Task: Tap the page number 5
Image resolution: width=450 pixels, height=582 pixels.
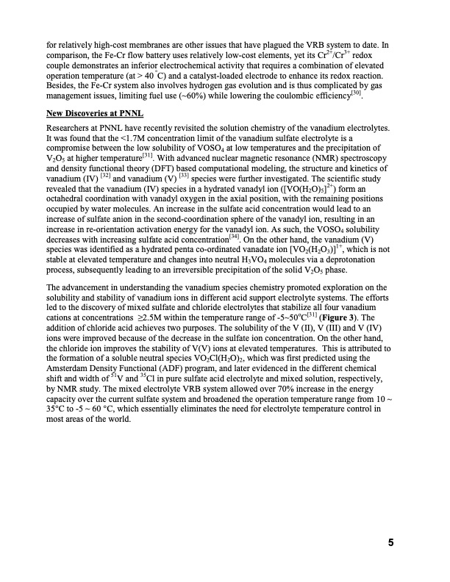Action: (x=392, y=543)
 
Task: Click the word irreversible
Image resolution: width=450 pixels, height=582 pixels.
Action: (x=216, y=270)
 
